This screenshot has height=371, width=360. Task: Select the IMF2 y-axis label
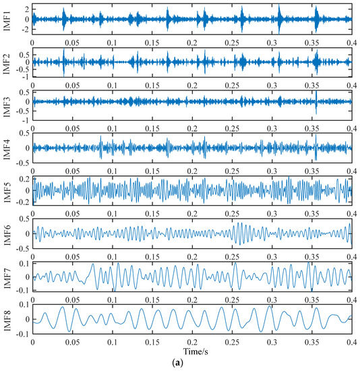click(x=5, y=61)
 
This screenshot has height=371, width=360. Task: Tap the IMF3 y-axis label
click(x=5, y=103)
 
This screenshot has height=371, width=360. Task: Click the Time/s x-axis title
click(x=191, y=352)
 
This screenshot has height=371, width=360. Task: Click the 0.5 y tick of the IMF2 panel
click(x=22, y=54)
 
